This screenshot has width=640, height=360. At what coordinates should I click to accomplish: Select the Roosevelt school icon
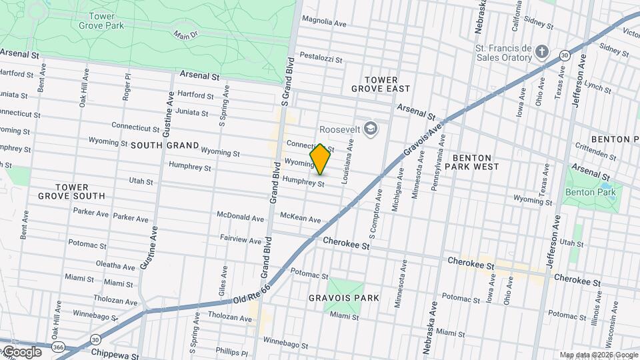[x=371, y=129]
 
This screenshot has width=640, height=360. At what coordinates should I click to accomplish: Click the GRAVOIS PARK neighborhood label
[x=344, y=297]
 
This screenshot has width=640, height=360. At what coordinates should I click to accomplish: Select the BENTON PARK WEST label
[x=481, y=163]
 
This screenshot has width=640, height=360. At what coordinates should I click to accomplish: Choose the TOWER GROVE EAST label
[x=380, y=83]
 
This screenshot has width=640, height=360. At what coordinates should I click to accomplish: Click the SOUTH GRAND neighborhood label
[x=165, y=145]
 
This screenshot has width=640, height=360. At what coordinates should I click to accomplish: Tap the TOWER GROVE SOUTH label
[x=71, y=191]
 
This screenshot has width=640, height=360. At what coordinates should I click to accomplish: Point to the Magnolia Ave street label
[x=324, y=22]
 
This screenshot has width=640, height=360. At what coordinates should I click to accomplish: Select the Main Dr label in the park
[x=187, y=34]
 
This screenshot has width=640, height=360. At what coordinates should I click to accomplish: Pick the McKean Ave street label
[x=300, y=219]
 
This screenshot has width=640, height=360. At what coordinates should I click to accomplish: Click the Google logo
[x=21, y=351]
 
